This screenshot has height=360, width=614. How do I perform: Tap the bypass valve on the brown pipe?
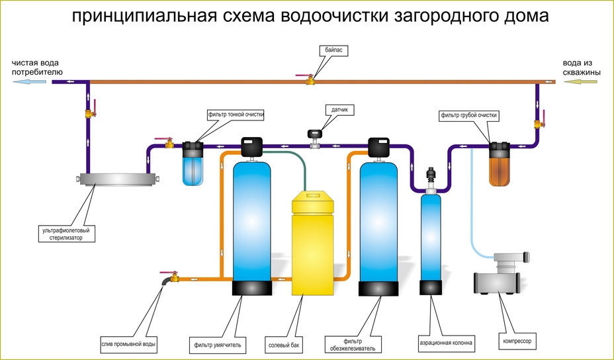pos(309,80)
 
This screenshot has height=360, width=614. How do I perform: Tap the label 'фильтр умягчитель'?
pos(218,344)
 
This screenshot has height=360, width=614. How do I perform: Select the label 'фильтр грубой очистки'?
pos(468,115)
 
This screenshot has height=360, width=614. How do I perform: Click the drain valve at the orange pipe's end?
pos(174,277)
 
